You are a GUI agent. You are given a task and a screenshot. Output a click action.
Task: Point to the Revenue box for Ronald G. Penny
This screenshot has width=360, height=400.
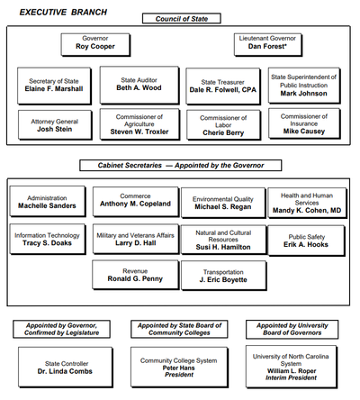tap(134, 275)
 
